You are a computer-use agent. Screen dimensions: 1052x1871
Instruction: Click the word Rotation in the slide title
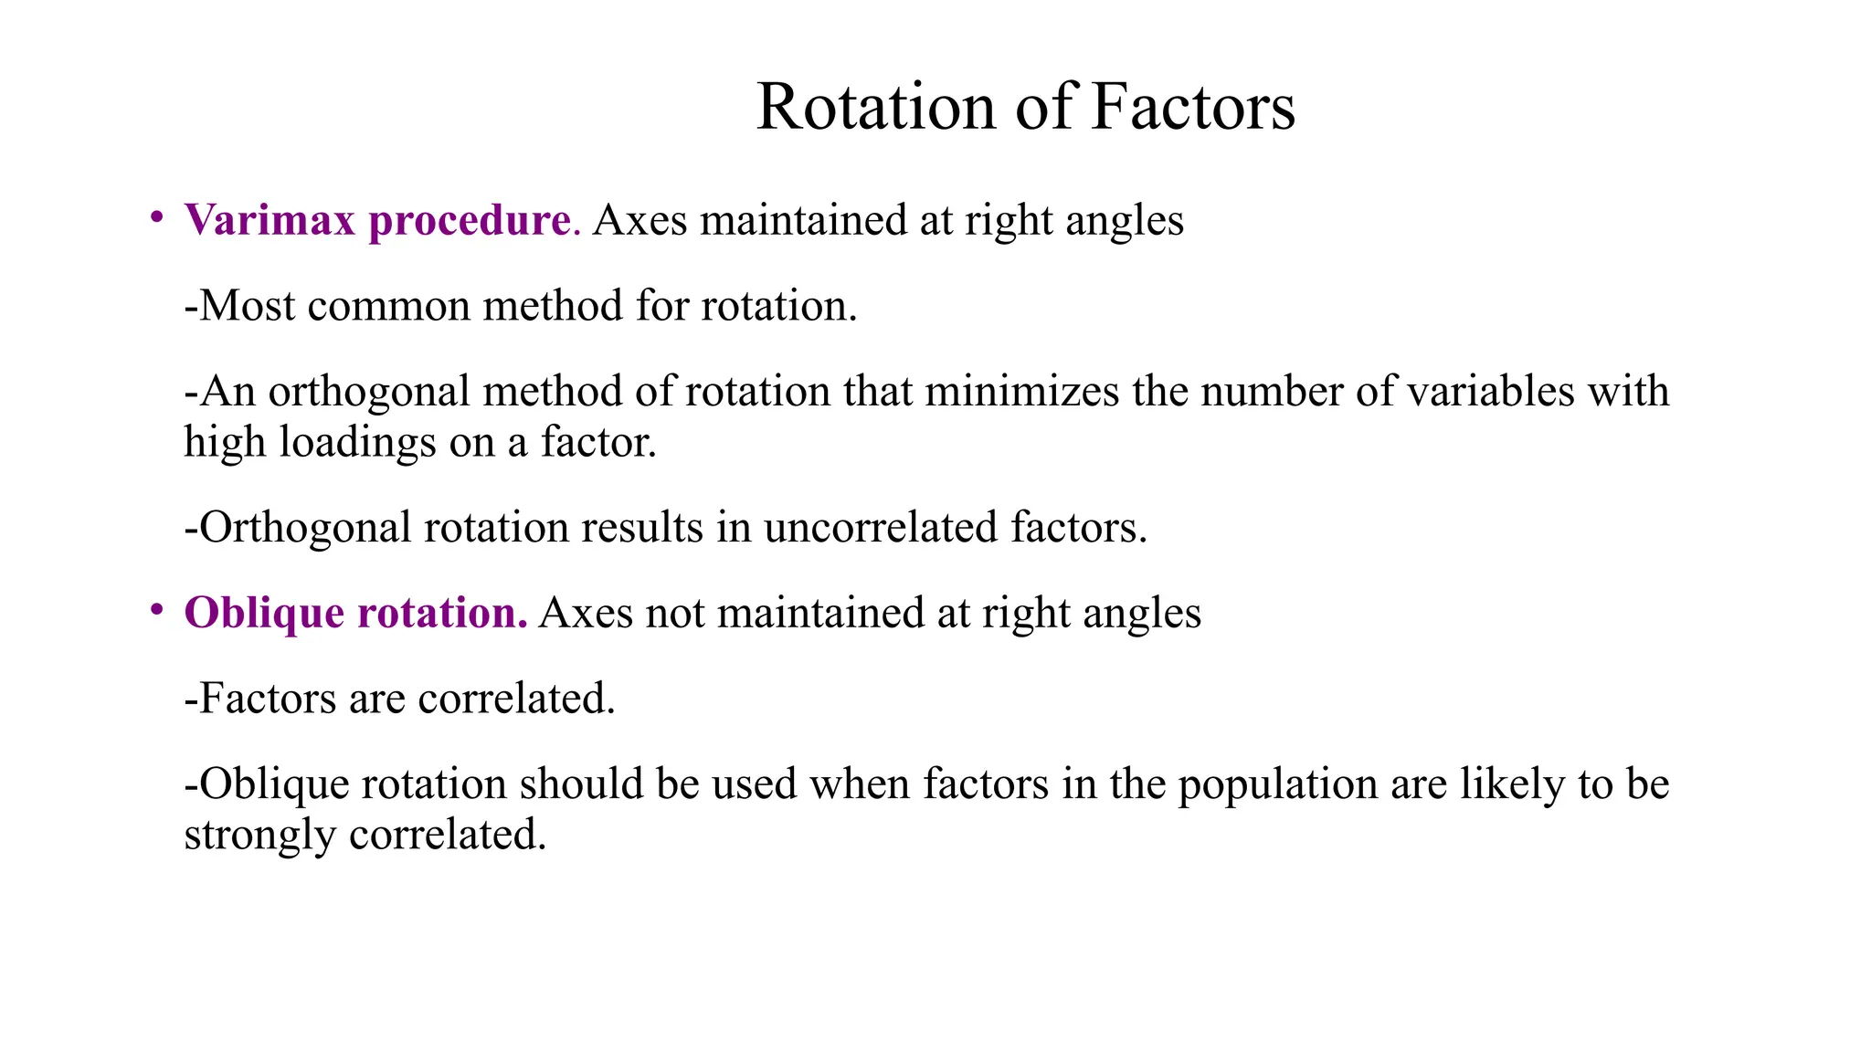[876, 107]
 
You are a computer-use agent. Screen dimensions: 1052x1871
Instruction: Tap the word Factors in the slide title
[1192, 107]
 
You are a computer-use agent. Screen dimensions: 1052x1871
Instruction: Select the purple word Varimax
[270, 220]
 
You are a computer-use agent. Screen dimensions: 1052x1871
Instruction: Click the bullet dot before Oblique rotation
[157, 609]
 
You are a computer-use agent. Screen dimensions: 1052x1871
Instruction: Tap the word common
[388, 307]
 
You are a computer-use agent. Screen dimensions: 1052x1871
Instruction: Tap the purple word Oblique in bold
[264, 614]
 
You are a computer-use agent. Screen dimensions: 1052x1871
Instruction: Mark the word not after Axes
[674, 613]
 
